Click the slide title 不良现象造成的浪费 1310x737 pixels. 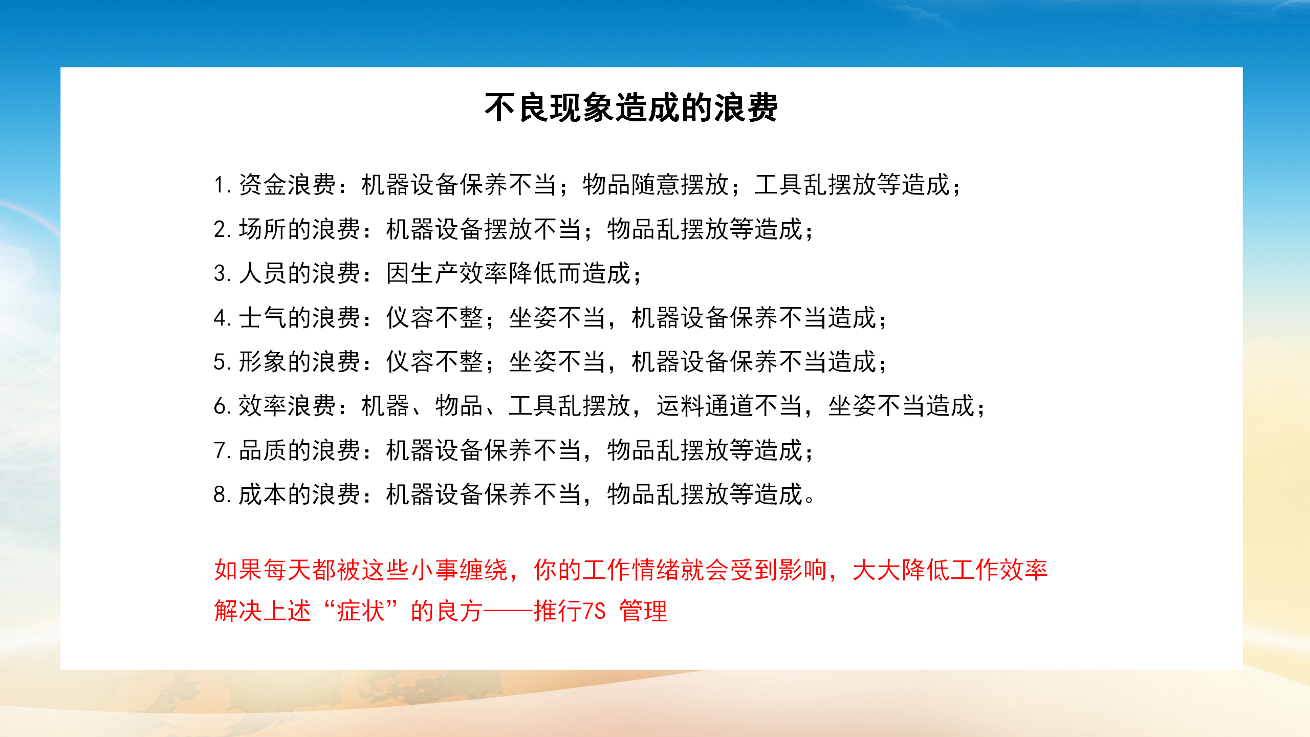coord(631,107)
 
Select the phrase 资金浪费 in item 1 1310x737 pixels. coord(288,185)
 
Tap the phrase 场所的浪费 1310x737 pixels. coord(300,229)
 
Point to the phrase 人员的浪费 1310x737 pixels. coord(300,273)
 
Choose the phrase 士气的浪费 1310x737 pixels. coord(300,317)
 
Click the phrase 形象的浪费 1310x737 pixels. coord(300,362)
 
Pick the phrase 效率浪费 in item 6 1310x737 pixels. coord(288,406)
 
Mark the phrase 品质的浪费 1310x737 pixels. coord(300,450)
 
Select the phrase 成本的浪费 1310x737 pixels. coord(300,494)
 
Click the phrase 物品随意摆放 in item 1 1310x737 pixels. coord(656,185)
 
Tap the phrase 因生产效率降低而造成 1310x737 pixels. coord(509,273)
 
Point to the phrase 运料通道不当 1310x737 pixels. coord(730,406)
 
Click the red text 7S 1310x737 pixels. coord(594,611)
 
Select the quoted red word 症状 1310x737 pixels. coord(361,611)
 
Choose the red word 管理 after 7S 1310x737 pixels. coord(644,611)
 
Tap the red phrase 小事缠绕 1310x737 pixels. coord(460,570)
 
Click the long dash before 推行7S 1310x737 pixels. coord(509,611)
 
